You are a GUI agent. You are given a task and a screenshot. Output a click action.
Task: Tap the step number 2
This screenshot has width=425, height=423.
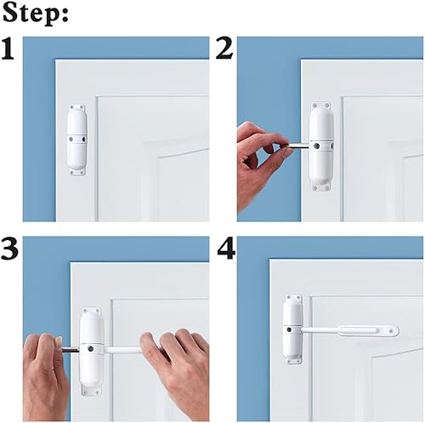pyautogui.click(x=224, y=50)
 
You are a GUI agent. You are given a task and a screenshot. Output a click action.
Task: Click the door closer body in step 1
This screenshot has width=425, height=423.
pyautogui.click(x=76, y=140)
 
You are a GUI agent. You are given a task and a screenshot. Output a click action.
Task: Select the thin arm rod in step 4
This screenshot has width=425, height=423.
pyautogui.click(x=323, y=327)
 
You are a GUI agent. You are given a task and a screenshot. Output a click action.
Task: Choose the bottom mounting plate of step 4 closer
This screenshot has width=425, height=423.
pyautogui.click(x=293, y=363)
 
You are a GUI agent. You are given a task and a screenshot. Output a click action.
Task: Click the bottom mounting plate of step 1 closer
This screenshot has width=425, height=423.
pyautogui.click(x=76, y=171)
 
